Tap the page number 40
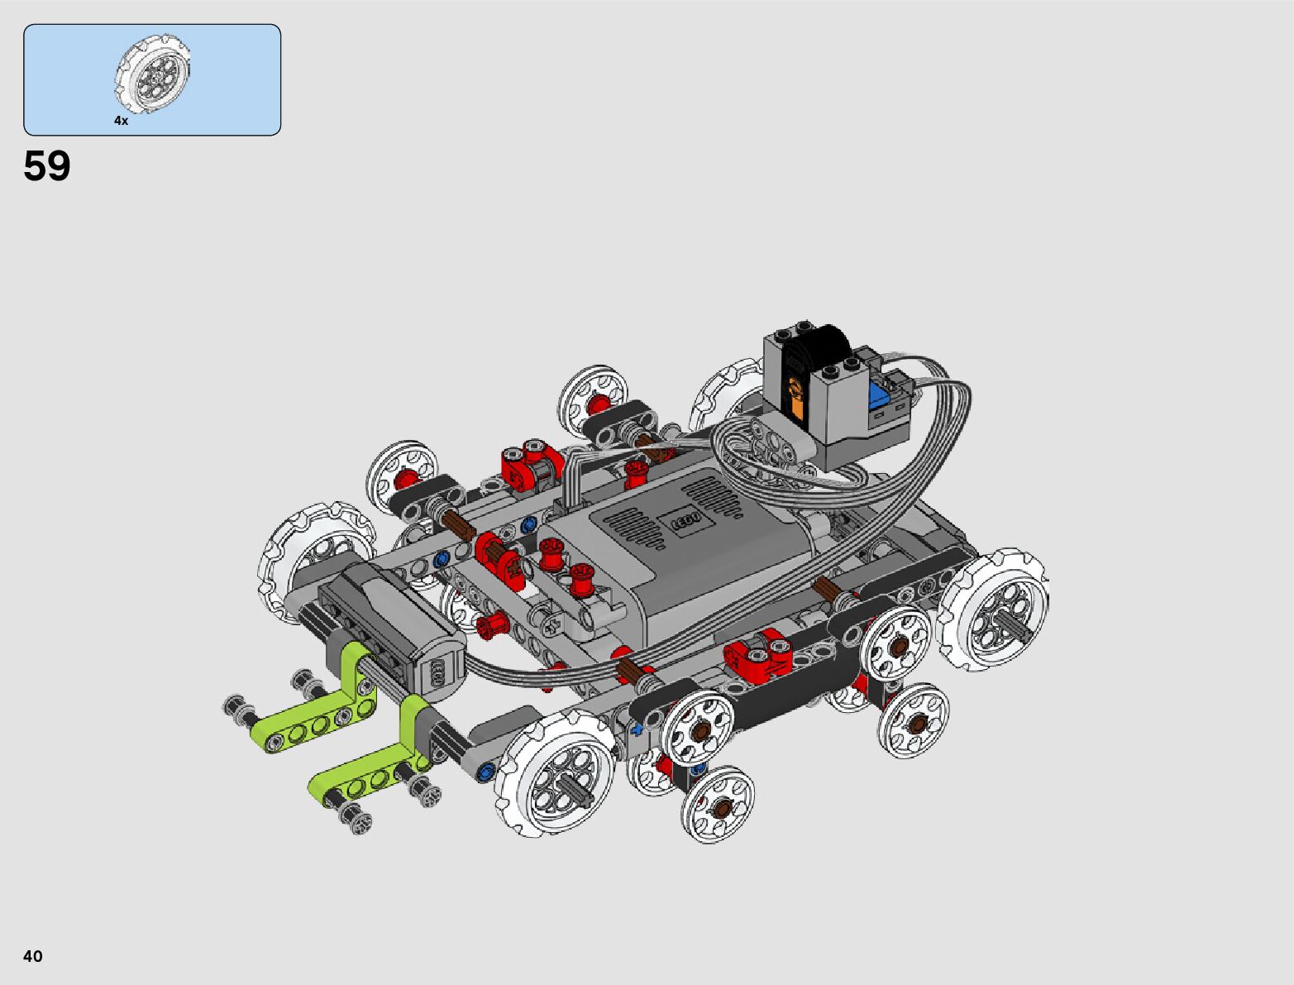(x=33, y=955)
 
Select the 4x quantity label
(x=121, y=120)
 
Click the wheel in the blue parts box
(x=153, y=74)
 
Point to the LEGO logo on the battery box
(x=686, y=521)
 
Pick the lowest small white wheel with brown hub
(x=718, y=805)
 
